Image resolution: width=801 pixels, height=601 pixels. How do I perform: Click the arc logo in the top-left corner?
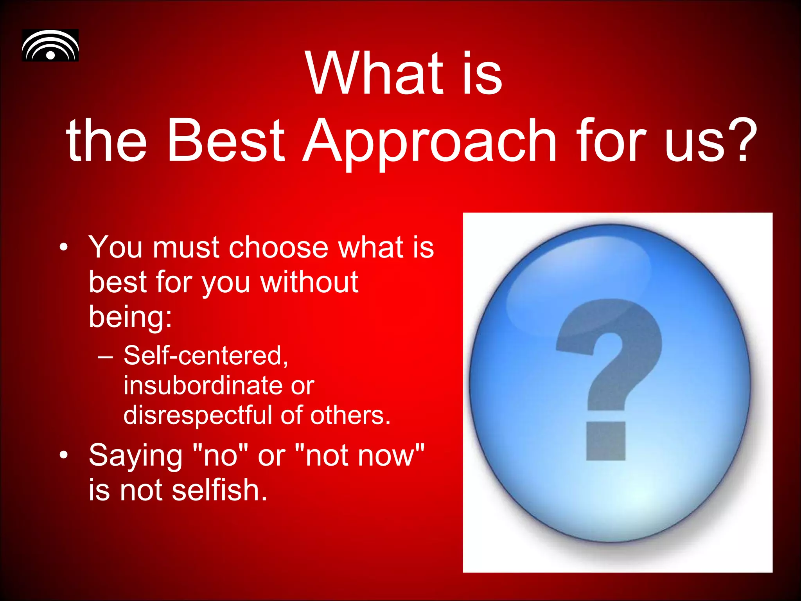pyautogui.click(x=50, y=45)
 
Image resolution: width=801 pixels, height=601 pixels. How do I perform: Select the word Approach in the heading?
pyautogui.click(x=429, y=141)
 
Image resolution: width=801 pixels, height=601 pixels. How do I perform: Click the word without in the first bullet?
pyautogui.click(x=309, y=282)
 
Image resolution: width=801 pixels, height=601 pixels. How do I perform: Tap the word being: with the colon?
pyautogui.click(x=130, y=317)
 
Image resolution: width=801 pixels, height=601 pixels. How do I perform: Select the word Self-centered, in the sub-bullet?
pyautogui.click(x=206, y=356)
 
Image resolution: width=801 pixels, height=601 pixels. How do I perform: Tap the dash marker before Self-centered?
pyautogui.click(x=106, y=356)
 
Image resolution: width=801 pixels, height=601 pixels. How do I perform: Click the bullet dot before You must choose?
pyautogui.click(x=64, y=248)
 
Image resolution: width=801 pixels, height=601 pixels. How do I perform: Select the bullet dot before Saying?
pyautogui.click(x=64, y=455)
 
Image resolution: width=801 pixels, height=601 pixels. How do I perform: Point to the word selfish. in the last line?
pyautogui.click(x=219, y=490)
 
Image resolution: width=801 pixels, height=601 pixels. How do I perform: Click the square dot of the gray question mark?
pyautogui.click(x=606, y=441)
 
